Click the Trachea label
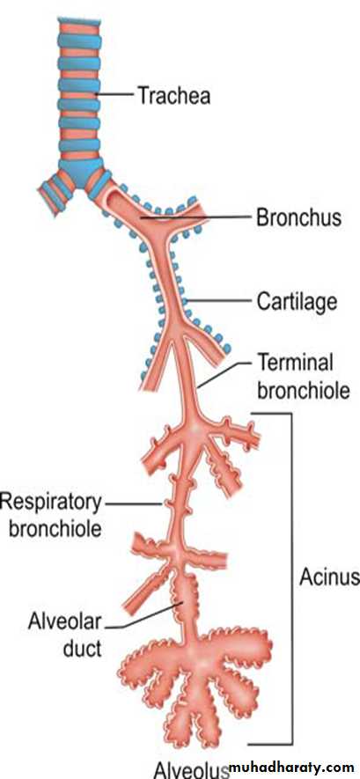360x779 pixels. [173, 95]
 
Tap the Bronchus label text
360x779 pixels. [299, 217]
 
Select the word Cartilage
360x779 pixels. [297, 301]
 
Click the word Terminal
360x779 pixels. [295, 364]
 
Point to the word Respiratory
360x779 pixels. [51, 503]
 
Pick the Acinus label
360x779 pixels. [328, 577]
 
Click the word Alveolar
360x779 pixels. [64, 622]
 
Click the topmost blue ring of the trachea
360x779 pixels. [79, 22]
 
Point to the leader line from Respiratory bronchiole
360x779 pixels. [134, 503]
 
